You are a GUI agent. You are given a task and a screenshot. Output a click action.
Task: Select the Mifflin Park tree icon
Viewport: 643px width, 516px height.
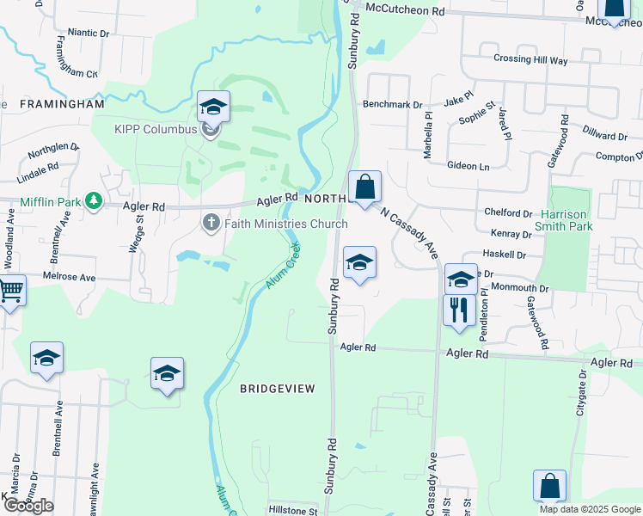pyautogui.click(x=93, y=202)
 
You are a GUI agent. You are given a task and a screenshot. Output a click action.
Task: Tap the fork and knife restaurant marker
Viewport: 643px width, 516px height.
pyautogui.click(x=459, y=310)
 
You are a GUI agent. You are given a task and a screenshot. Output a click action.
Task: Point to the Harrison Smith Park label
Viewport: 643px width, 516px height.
pyautogui.click(x=567, y=220)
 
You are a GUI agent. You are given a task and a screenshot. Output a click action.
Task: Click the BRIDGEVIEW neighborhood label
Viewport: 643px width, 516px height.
pyautogui.click(x=278, y=389)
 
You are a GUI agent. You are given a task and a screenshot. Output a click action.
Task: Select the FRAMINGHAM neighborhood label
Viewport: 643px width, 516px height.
pyautogui.click(x=61, y=104)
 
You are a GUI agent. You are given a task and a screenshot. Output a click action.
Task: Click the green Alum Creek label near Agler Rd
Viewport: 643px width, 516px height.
pyautogui.click(x=284, y=265)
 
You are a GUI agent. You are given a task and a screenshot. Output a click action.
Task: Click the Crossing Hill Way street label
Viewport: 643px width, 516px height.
pyautogui.click(x=530, y=60)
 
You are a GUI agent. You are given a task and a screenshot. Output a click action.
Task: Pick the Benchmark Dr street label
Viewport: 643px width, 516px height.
pyautogui.click(x=392, y=105)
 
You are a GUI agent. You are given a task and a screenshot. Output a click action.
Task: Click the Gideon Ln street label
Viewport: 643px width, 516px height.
pyautogui.click(x=468, y=165)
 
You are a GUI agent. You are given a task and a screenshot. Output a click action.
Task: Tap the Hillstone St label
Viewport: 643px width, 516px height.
pyautogui.click(x=292, y=510)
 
